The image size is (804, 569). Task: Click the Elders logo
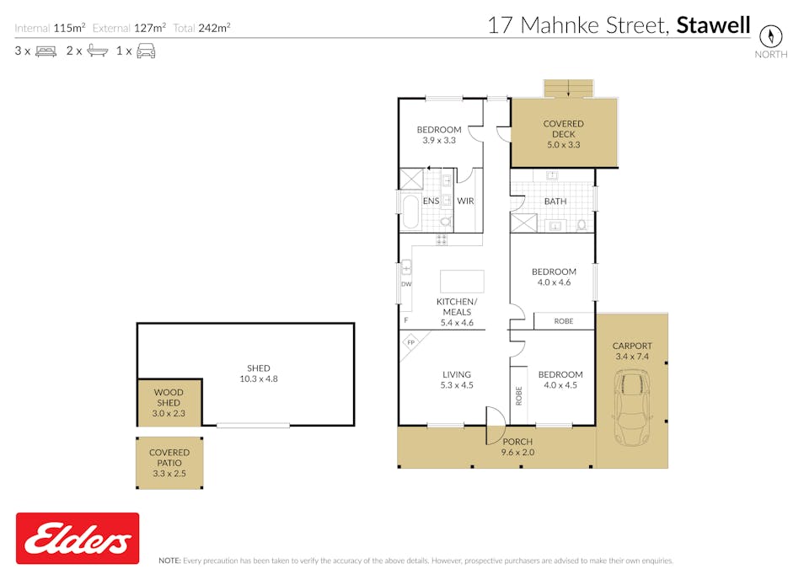[78, 538]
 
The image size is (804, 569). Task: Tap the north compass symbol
[770, 36]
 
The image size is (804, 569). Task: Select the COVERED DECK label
[563, 129]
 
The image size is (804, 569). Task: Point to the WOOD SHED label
[168, 398]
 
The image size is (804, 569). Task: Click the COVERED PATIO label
[169, 458]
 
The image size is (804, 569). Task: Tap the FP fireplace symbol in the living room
[411, 343]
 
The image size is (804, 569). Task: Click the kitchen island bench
[462, 281]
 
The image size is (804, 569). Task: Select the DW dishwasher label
[406, 284]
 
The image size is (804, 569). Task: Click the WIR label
[465, 201]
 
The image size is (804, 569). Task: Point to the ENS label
[431, 201]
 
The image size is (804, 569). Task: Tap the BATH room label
[555, 201]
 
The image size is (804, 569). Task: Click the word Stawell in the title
[713, 25]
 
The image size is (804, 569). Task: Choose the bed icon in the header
[45, 51]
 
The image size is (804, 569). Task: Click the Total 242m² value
[213, 28]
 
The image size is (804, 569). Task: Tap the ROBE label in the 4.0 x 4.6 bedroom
[564, 321]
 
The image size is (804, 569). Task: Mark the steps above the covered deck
[569, 88]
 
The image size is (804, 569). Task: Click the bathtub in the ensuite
[410, 212]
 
